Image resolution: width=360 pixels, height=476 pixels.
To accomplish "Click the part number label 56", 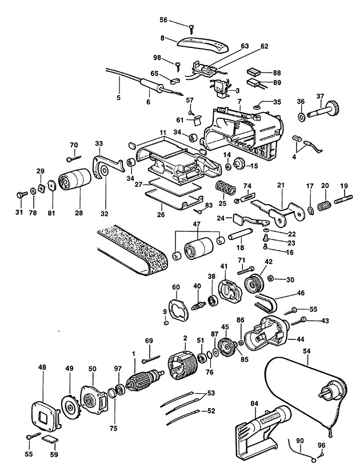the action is pyautogui.click(x=163, y=20).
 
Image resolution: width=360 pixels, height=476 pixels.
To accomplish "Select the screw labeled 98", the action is pyautogui.click(x=178, y=66).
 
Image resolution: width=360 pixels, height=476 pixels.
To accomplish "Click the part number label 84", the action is pyautogui.click(x=254, y=404).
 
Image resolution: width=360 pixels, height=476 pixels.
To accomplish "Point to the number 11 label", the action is pyautogui.click(x=163, y=133).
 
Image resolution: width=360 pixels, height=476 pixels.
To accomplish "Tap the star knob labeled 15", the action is pyautogui.click(x=239, y=166).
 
